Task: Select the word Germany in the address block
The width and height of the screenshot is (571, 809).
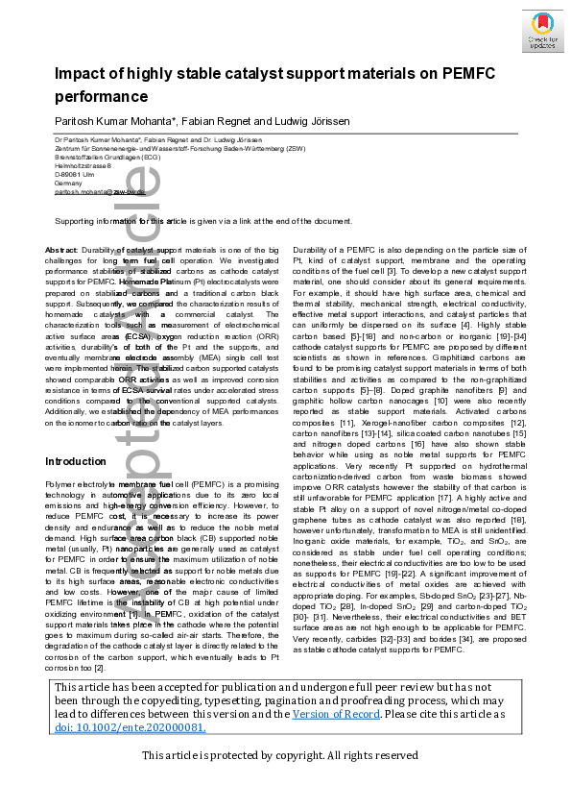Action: [69, 183]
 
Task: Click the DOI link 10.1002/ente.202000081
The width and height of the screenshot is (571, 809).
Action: [131, 727]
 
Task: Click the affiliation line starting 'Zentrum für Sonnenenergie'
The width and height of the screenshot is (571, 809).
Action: [159, 148]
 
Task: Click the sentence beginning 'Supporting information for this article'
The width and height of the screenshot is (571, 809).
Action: [202, 221]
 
